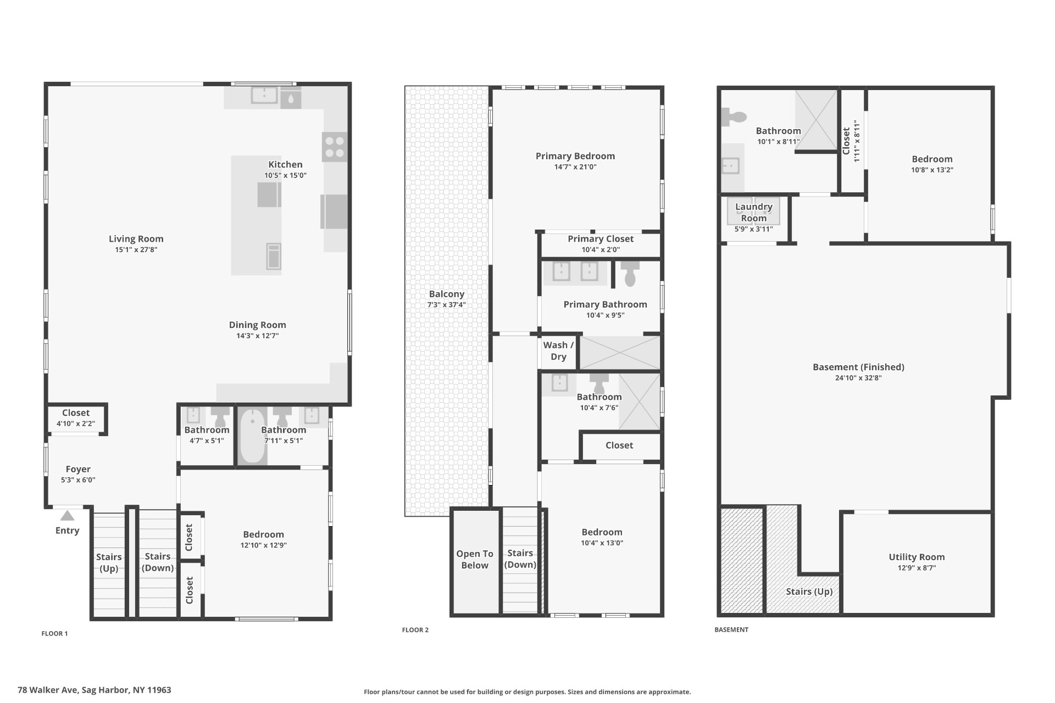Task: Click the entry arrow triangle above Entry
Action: point(67,516)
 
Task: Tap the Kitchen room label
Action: point(285,164)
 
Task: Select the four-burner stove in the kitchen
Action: point(334,146)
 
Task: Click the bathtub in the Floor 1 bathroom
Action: point(252,437)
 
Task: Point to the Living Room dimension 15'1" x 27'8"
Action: point(136,250)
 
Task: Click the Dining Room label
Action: point(257,325)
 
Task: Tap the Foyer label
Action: point(78,469)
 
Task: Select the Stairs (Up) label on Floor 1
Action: point(109,562)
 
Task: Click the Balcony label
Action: point(447,294)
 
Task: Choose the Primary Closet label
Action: point(601,239)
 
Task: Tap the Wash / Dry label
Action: point(558,350)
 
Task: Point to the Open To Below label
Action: point(475,559)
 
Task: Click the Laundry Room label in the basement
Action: point(754,212)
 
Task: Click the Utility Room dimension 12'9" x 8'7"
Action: point(917,568)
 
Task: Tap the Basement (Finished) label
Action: point(858,367)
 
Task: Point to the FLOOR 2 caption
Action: point(415,630)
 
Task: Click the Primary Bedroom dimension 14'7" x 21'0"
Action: point(575,167)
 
